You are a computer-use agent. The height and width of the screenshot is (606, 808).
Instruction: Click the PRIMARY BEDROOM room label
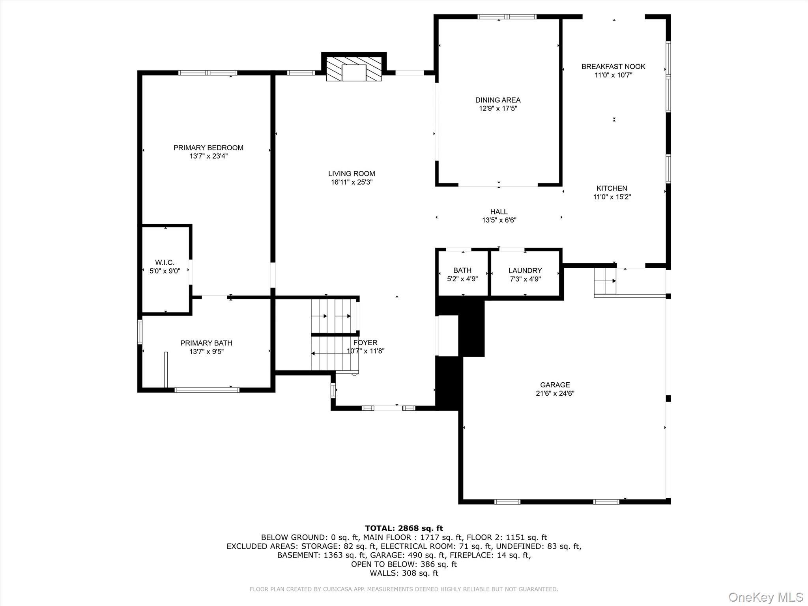point(208,148)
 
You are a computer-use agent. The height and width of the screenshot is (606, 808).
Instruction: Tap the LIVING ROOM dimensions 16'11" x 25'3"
point(352,182)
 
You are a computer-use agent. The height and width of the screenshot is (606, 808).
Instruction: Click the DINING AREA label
point(498,100)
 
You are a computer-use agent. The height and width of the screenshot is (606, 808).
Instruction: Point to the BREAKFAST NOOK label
point(613,67)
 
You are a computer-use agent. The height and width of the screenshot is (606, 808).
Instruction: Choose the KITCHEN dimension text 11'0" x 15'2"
point(612,197)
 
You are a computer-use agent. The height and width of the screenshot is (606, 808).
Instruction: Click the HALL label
point(499,212)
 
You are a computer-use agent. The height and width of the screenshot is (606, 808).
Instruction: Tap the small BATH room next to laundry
point(462,275)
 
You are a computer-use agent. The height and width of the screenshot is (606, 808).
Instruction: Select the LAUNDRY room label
point(525,271)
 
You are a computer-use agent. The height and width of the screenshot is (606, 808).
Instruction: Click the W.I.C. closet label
point(165,263)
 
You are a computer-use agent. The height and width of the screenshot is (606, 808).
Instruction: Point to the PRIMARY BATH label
point(206,343)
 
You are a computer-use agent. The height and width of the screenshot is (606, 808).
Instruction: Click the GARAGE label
point(555,385)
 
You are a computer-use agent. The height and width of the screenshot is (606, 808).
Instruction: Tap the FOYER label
point(365,343)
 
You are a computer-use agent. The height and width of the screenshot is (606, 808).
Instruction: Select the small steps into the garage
point(605,281)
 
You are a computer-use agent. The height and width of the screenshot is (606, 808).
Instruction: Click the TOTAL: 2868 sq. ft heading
point(404,528)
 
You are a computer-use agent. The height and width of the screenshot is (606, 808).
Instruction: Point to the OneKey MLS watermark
point(765,597)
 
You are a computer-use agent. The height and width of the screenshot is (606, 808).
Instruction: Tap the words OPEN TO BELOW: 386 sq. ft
point(404,564)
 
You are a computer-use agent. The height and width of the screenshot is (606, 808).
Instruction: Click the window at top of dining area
point(507,17)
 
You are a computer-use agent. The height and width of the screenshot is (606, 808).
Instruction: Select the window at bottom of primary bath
point(207,390)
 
